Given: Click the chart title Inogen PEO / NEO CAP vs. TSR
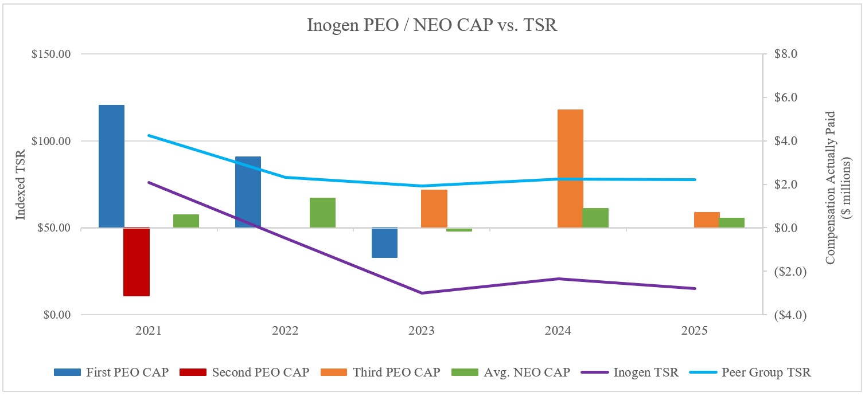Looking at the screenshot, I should (432, 26).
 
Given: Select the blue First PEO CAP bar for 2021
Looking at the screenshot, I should (111, 166).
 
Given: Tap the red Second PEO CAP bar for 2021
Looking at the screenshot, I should (137, 262).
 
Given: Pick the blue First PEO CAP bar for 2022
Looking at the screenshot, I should (248, 192).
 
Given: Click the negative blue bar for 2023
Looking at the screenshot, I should (384, 243).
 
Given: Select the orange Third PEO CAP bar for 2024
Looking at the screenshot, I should (570, 168).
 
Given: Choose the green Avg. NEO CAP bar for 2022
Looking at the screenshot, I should (322, 213).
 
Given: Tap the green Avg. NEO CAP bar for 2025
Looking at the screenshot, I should (731, 223).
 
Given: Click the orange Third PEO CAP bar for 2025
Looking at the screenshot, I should (706, 220).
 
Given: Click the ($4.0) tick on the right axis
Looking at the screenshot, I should (786, 315).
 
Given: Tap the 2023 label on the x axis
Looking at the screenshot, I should (422, 331).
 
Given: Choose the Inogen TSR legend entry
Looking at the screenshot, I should (630, 373).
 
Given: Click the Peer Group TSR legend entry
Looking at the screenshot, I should (754, 373).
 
